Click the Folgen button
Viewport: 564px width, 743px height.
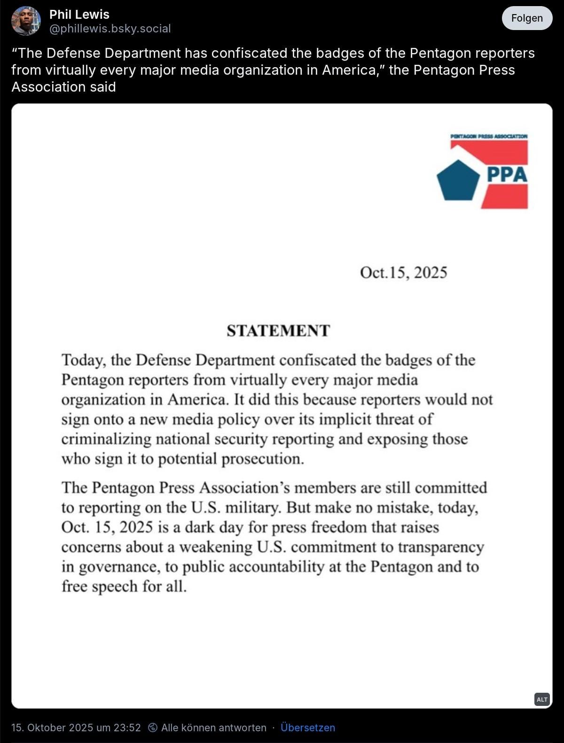click(527, 18)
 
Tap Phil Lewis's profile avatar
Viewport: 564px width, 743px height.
click(26, 21)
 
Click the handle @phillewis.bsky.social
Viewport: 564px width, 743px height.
click(110, 29)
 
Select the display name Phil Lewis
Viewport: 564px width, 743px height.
click(79, 14)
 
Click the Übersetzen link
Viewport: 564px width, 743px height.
click(308, 728)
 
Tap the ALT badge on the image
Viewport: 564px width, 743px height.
click(542, 699)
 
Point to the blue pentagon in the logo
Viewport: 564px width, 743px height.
click(458, 180)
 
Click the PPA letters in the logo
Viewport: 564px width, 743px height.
click(507, 175)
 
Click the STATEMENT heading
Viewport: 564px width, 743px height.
click(278, 331)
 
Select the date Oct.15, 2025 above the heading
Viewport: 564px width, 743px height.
click(403, 272)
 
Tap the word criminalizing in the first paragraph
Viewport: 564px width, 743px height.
click(106, 439)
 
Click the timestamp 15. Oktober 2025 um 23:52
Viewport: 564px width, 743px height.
click(76, 728)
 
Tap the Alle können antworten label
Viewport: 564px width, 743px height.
click(214, 728)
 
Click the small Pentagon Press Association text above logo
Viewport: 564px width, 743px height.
click(489, 136)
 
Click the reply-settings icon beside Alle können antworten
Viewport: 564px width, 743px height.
click(153, 728)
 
